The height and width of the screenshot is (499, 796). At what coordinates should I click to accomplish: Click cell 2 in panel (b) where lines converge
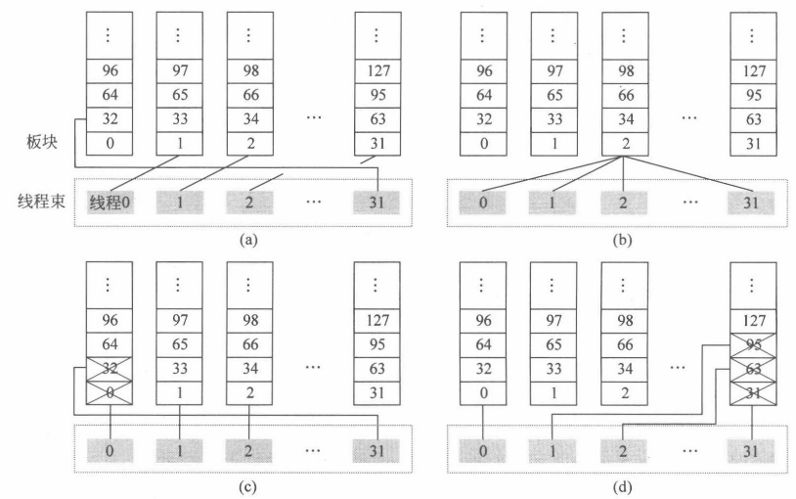(x=624, y=142)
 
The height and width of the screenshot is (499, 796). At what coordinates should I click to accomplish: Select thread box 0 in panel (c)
(x=109, y=453)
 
